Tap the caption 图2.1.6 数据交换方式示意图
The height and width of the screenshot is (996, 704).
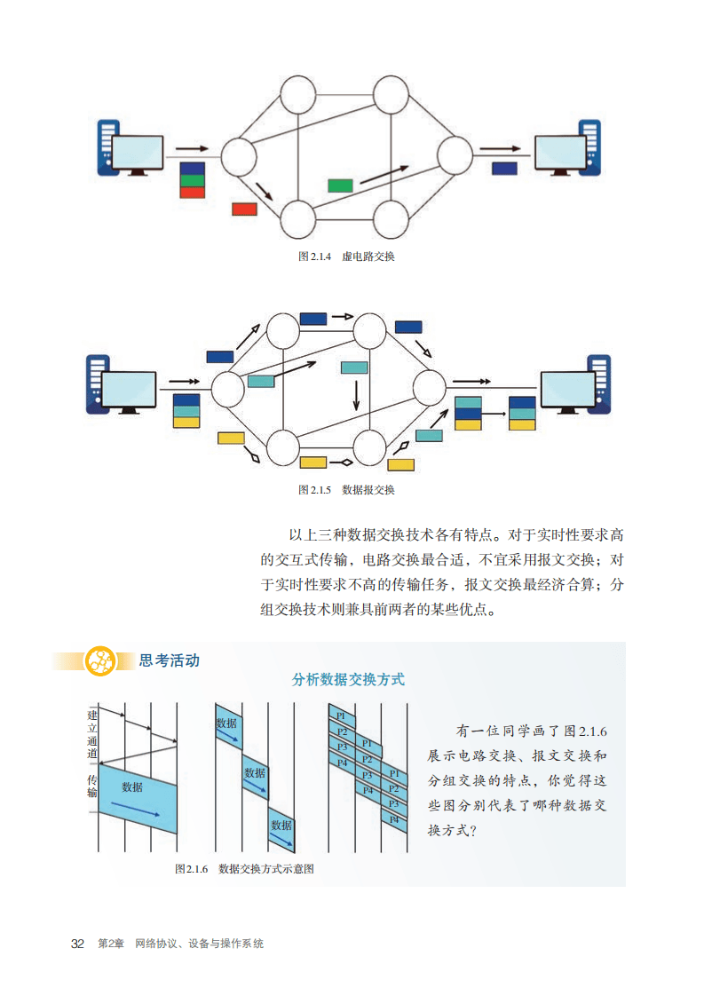(245, 869)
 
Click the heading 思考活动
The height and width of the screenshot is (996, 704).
(170, 660)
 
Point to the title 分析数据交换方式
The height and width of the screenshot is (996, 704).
(348, 680)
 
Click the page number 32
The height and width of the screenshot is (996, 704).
(77, 944)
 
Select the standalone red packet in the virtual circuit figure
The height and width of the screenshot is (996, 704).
(244, 209)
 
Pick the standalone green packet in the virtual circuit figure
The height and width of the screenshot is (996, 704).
(340, 185)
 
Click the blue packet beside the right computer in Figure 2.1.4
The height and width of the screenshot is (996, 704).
(505, 168)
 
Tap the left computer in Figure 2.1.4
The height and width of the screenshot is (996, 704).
(131, 148)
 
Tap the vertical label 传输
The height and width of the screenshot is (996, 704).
(91, 785)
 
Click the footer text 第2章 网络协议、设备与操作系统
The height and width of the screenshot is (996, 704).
(181, 944)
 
